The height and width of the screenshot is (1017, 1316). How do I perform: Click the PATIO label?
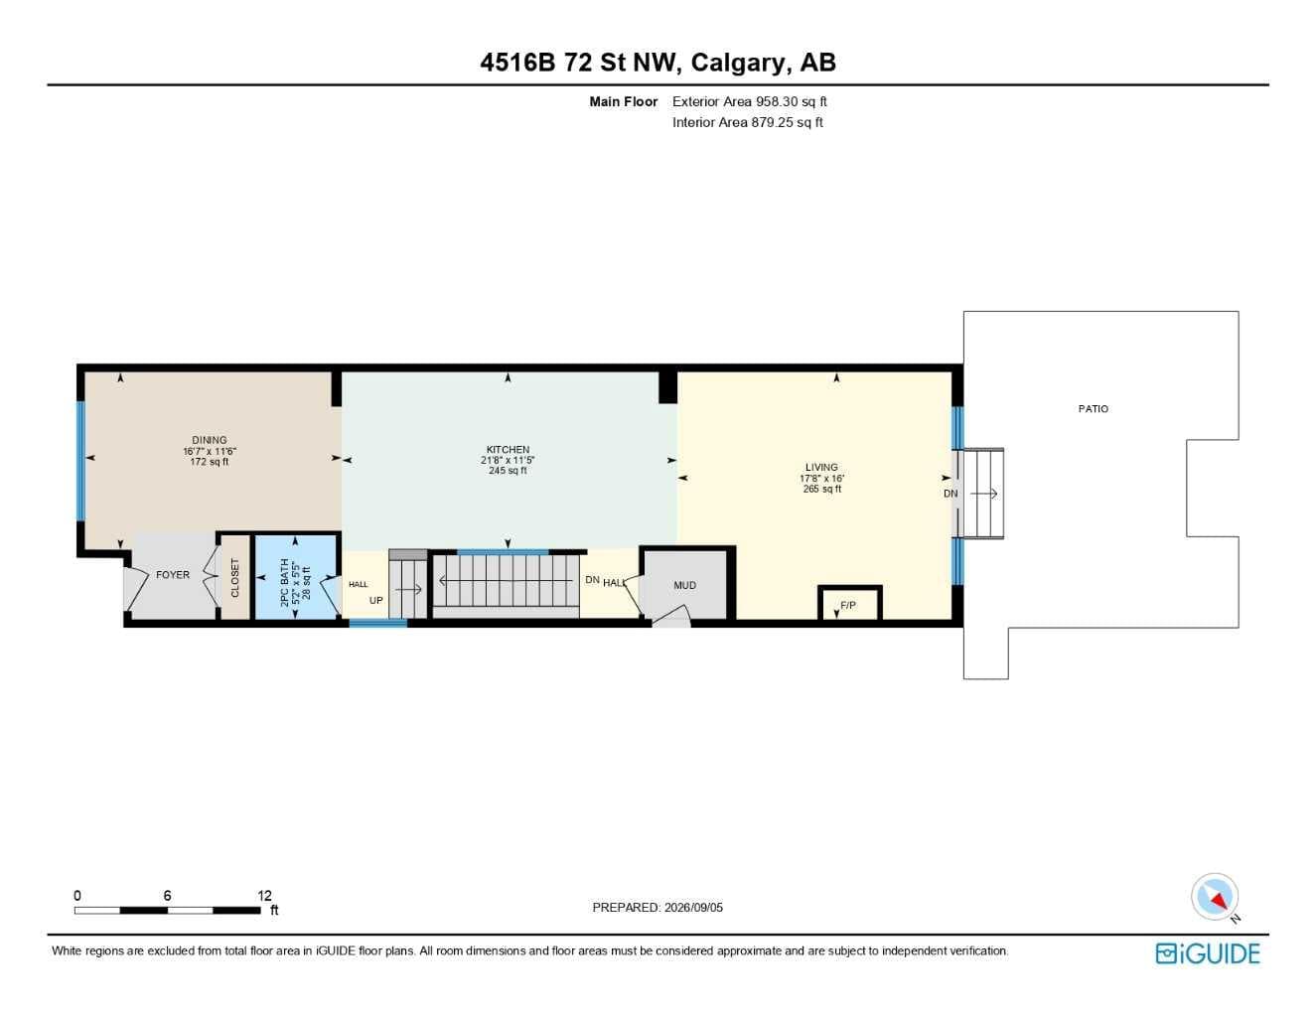click(1094, 408)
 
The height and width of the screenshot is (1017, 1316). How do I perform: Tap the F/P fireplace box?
click(849, 602)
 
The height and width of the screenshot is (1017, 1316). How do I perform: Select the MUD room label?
click(685, 585)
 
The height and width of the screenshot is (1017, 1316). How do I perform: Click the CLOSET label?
click(235, 577)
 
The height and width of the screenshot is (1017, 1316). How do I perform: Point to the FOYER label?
click(173, 574)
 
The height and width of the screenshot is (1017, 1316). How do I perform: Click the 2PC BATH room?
click(296, 577)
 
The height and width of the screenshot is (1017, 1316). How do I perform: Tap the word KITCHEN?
click(508, 449)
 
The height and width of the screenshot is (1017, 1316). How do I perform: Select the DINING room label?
click(210, 440)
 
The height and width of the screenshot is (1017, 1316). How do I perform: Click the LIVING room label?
click(821, 468)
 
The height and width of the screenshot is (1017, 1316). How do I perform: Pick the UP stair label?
click(376, 601)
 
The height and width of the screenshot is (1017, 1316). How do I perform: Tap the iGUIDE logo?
click(1208, 953)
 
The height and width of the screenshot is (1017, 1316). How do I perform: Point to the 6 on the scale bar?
click(167, 895)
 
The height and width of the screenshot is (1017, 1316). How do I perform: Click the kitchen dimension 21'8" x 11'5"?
click(508, 460)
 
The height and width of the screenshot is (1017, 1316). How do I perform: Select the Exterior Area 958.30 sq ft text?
click(749, 101)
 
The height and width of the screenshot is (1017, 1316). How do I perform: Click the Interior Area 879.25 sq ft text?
click(747, 122)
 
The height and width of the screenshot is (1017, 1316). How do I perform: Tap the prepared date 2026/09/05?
click(693, 908)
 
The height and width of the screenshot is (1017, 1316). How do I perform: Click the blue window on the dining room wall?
click(79, 461)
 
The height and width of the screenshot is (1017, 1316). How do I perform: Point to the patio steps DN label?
click(950, 494)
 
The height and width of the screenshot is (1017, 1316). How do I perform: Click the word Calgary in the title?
click(738, 63)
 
